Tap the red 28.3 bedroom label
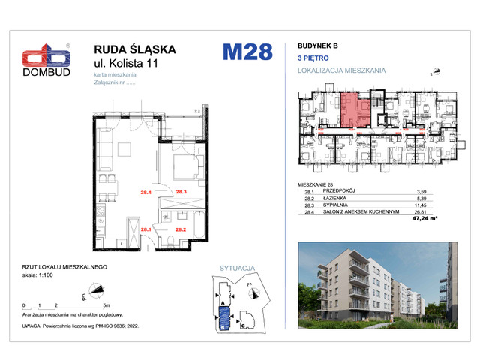coord(181,193)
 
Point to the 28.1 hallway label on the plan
coord(147,229)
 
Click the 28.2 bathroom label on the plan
coord(181,229)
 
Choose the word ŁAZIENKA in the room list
coord(334,199)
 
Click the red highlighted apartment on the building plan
coord(350,110)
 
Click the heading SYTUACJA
coord(238,268)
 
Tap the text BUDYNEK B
coord(318,46)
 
